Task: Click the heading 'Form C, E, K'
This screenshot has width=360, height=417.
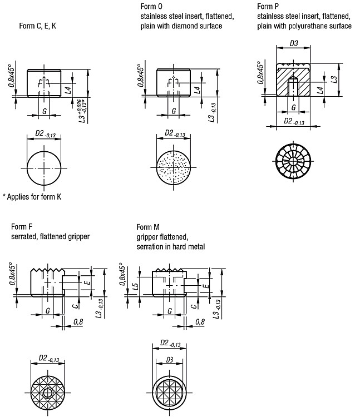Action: (37, 26)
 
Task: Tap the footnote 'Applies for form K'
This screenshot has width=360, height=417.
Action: (34, 197)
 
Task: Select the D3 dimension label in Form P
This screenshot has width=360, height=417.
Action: (294, 43)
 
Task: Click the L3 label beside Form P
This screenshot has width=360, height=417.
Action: (334, 80)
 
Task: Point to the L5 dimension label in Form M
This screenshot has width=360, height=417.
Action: (135, 286)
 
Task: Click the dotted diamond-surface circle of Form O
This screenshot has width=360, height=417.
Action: (174, 168)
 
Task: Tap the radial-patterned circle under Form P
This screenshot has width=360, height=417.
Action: (293, 161)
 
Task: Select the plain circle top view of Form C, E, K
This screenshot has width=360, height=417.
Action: (44, 168)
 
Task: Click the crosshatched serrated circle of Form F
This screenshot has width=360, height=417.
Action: (48, 393)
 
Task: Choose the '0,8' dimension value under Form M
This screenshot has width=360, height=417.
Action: (200, 322)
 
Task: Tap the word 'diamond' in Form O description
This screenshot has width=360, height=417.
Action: (185, 26)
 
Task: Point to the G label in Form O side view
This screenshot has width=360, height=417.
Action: (174, 111)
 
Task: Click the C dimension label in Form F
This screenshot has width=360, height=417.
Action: (76, 306)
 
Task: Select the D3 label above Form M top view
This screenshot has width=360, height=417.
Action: (170, 360)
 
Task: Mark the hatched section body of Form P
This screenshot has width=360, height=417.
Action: (293, 82)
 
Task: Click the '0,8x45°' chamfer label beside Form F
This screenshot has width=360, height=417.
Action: (12, 274)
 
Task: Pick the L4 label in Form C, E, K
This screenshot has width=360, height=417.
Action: (68, 90)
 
